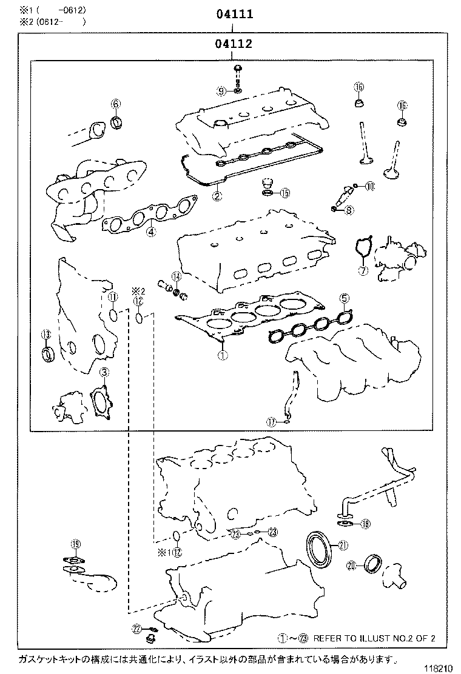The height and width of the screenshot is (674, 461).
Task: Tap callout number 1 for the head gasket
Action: (222, 356)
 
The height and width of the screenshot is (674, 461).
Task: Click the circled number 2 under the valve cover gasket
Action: (217, 196)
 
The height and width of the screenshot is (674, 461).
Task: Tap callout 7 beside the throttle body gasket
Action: (363, 270)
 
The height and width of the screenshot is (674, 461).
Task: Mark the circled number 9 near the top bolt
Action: (222, 91)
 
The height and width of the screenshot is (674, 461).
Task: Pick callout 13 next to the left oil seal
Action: (45, 335)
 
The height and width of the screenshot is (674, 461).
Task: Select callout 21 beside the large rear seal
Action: (343, 546)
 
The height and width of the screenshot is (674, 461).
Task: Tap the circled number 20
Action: (352, 566)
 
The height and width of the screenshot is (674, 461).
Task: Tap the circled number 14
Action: (176, 276)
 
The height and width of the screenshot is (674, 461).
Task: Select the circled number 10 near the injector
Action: (370, 186)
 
